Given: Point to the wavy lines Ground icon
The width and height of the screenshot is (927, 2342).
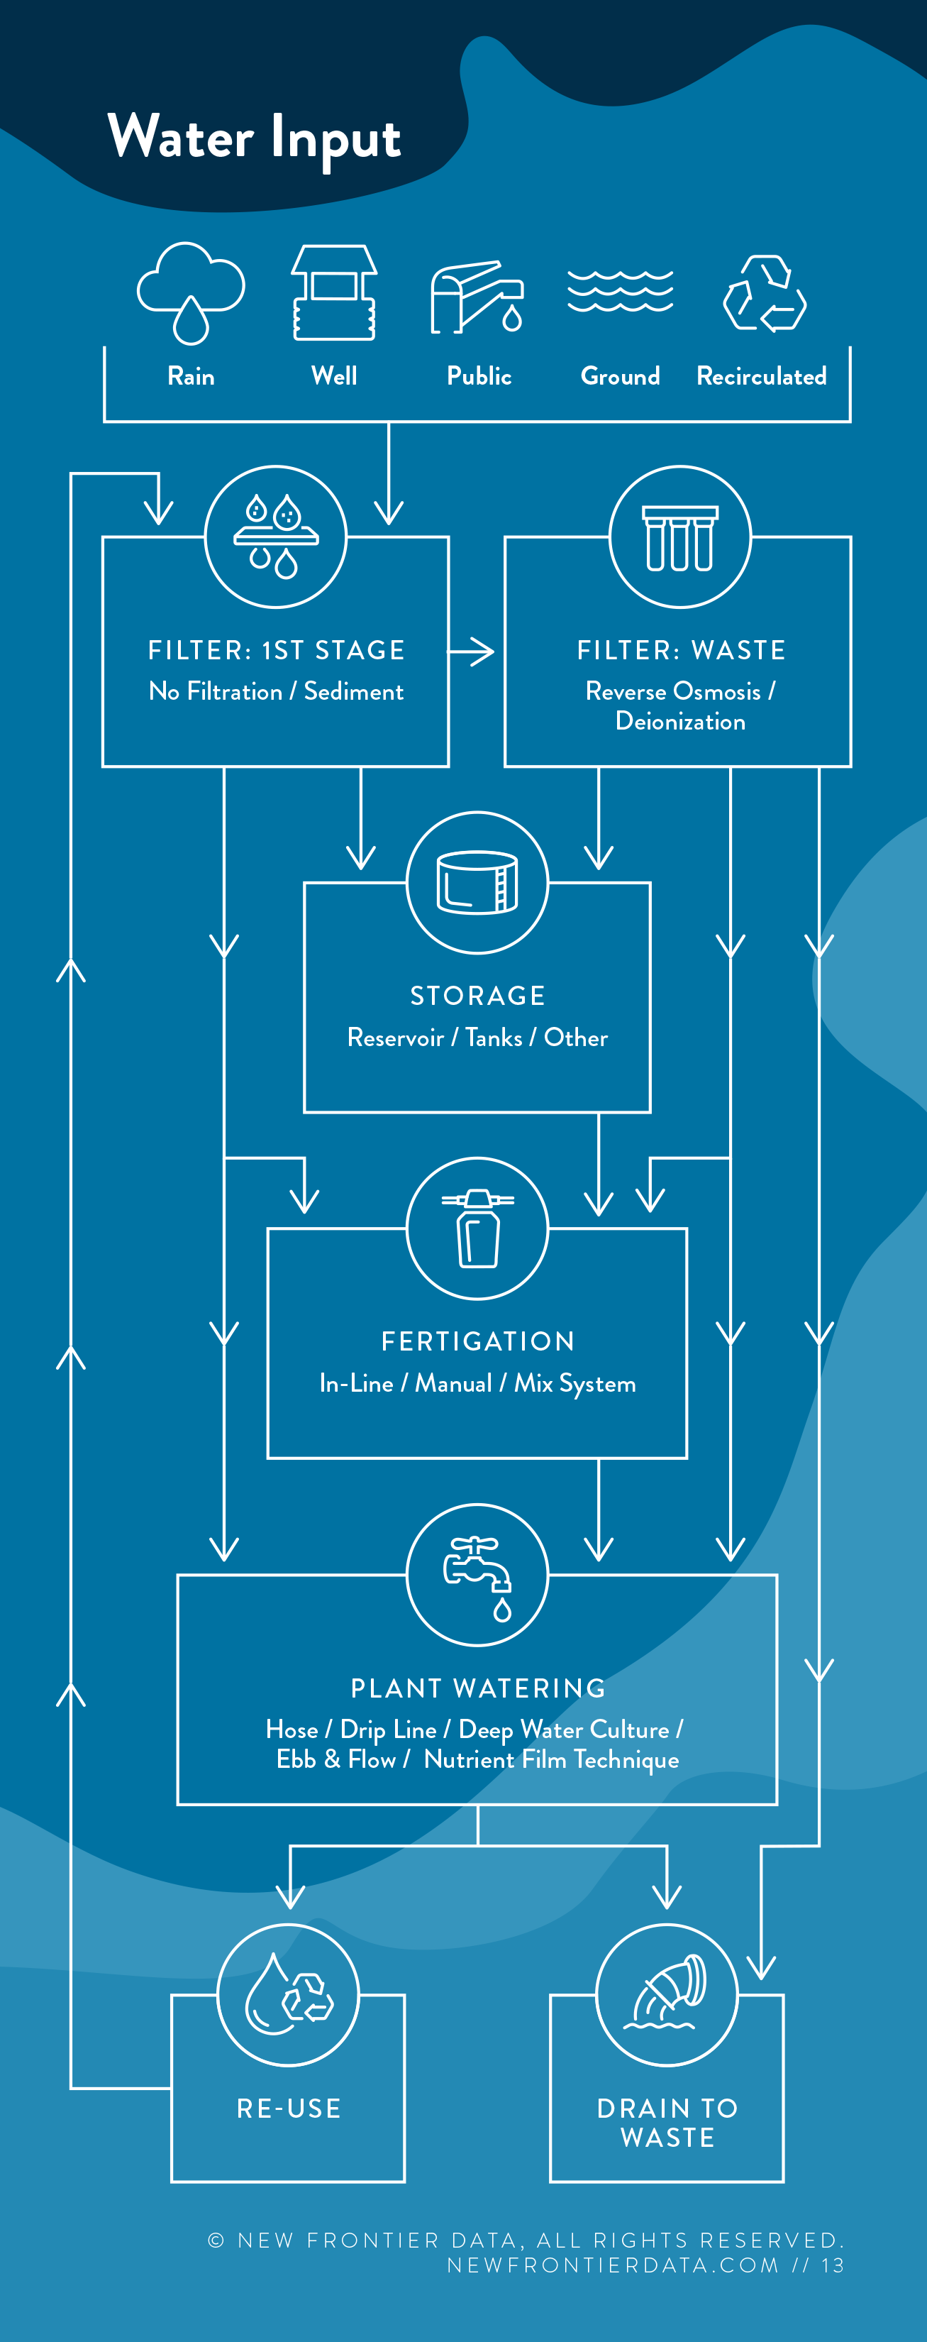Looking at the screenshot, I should tap(620, 291).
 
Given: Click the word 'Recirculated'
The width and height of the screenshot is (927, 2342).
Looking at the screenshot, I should tap(762, 376).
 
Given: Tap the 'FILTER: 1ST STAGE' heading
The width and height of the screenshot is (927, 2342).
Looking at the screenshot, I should tap(277, 650).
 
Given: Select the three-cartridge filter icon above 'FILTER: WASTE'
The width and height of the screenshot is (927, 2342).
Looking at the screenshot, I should tap(679, 537).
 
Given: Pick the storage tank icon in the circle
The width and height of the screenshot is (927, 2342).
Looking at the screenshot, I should tap(477, 882).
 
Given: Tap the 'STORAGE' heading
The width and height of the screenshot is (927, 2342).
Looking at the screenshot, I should tap(477, 996).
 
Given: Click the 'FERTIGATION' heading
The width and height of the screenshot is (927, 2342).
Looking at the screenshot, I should tap(477, 1341).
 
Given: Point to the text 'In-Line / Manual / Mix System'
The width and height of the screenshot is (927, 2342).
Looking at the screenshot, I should tap(477, 1384).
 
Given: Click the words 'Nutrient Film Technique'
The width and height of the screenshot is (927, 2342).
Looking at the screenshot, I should tap(551, 1760).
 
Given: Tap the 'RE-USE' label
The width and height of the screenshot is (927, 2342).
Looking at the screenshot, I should tap(289, 2109).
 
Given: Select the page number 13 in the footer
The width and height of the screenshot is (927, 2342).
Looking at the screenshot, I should tap(833, 2265).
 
